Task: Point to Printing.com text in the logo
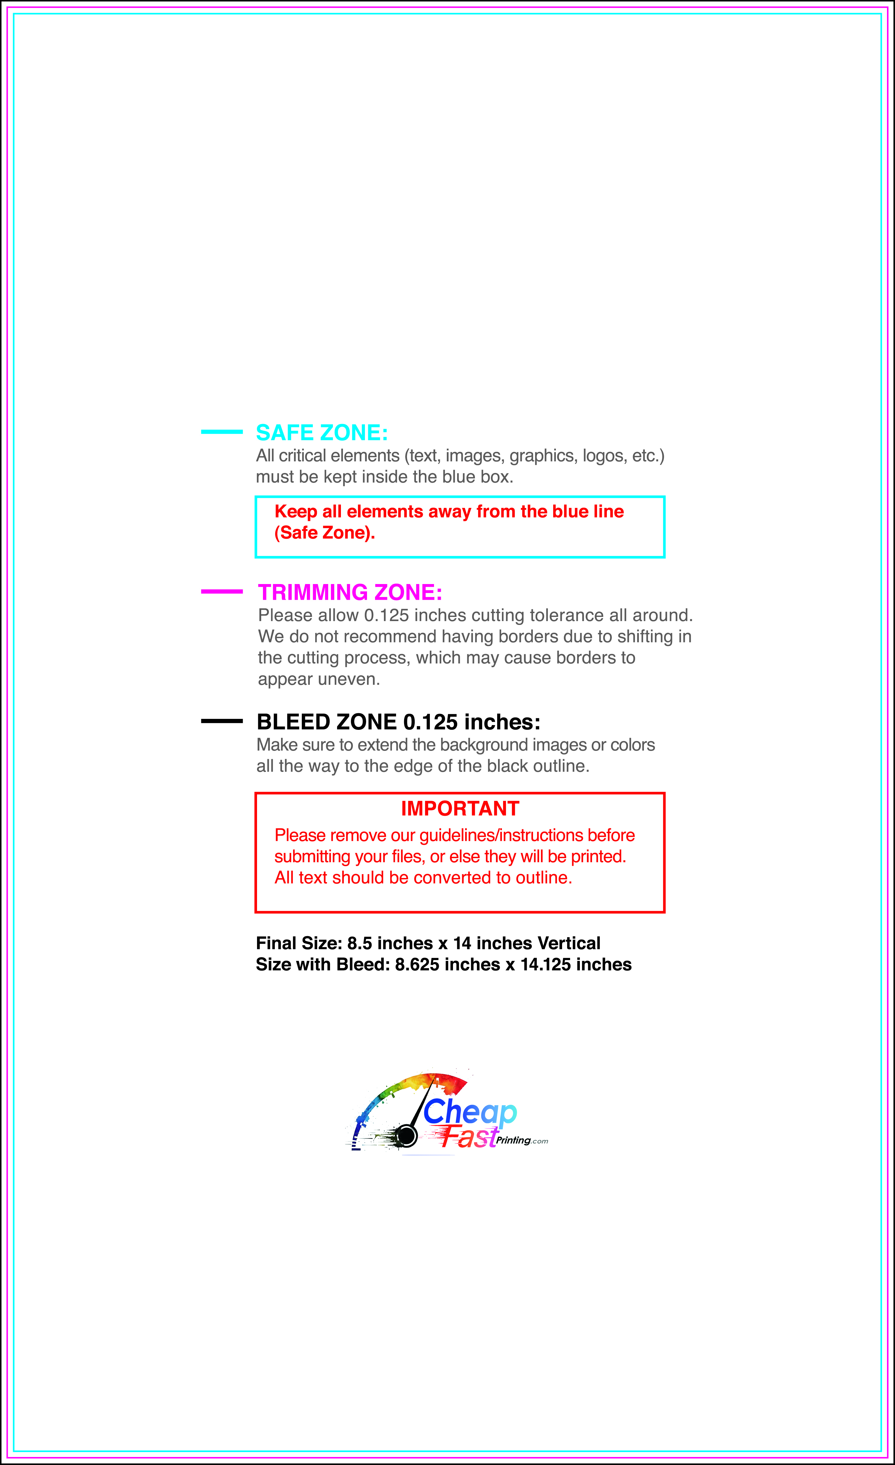click(x=521, y=1140)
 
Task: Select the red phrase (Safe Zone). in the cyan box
click(x=324, y=533)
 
